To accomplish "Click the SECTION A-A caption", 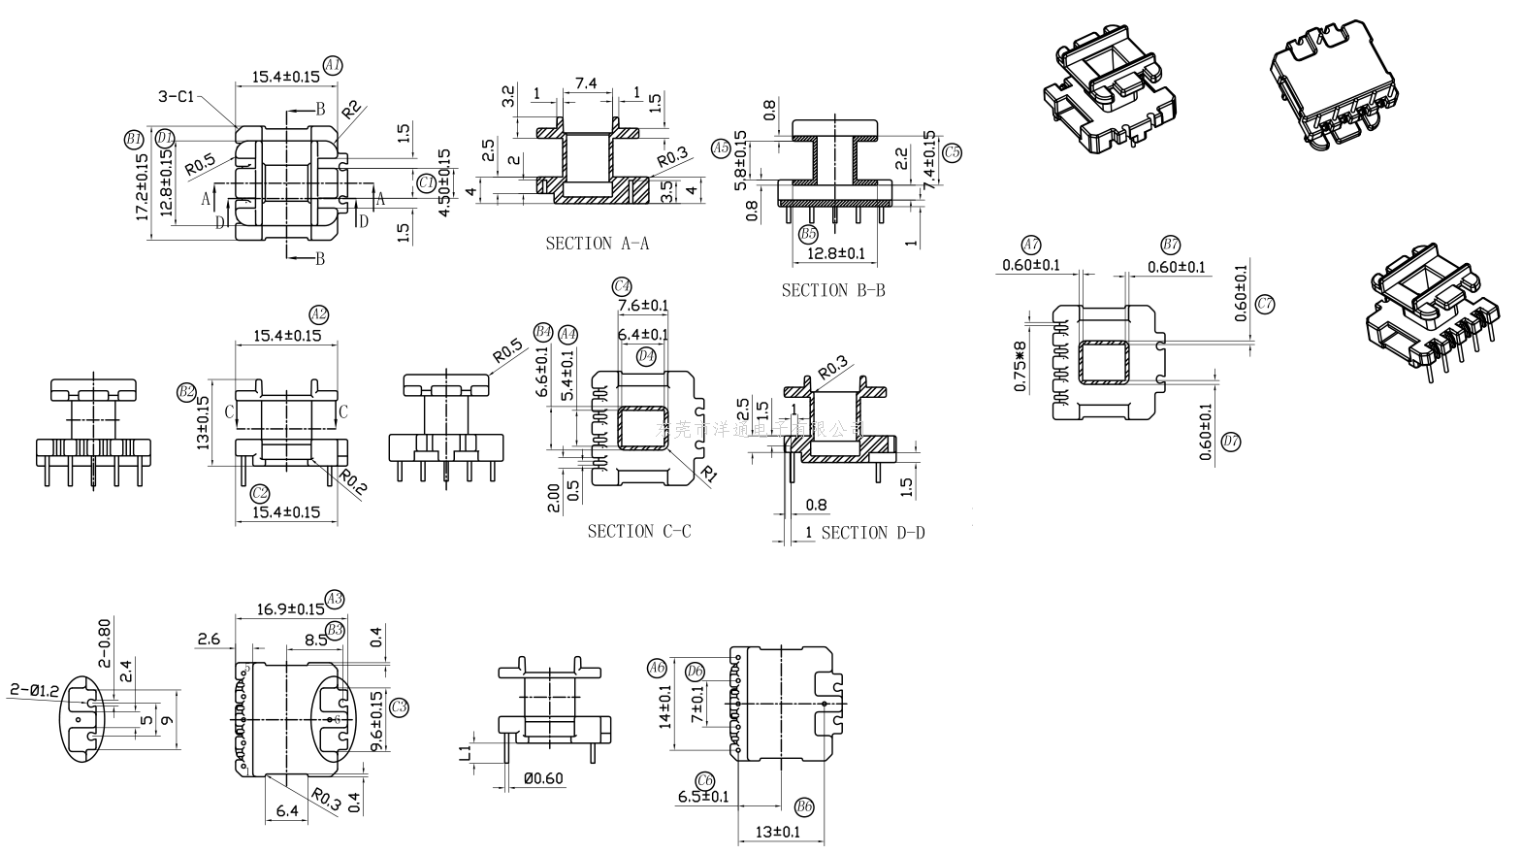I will [597, 244].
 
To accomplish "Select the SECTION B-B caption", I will [833, 290].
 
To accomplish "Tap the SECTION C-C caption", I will [639, 531].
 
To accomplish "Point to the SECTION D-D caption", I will [873, 532].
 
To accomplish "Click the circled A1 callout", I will [333, 65].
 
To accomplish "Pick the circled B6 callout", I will [804, 807].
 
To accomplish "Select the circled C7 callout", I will [1265, 304].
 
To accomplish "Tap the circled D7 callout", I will [1231, 443].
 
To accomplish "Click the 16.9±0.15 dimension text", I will [291, 609].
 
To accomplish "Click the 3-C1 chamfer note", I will [177, 96].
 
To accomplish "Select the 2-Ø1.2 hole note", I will [35, 690].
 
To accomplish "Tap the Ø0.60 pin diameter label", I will [542, 778].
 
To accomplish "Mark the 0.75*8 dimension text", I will [1020, 366].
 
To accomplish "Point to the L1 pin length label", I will [467, 752].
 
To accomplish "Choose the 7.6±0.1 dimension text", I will [643, 306].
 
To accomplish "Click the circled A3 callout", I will [336, 599].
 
